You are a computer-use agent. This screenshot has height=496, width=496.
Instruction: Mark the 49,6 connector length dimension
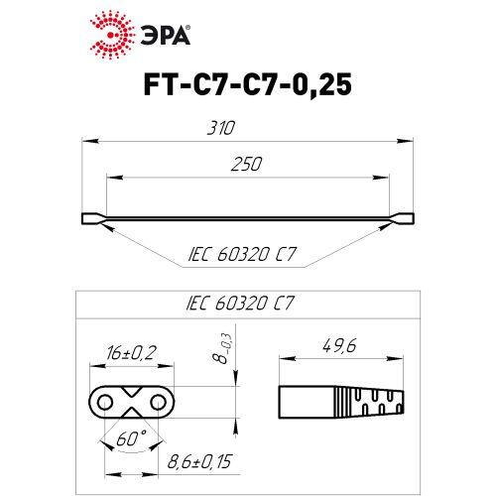point(340,346)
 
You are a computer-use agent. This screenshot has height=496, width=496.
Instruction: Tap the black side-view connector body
point(337,402)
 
